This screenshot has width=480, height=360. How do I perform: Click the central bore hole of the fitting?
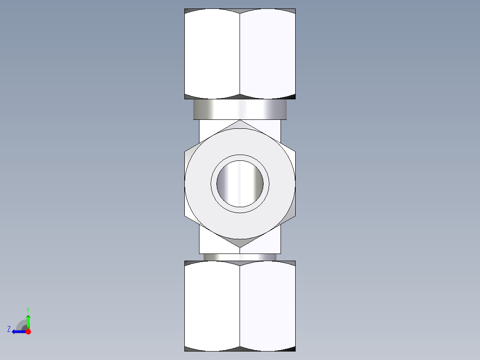pos(240,184)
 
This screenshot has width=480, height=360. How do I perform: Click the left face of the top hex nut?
pos(212,53)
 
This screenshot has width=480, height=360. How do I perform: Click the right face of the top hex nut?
pos(268,53)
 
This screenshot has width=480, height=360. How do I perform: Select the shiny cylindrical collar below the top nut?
pos(240,110)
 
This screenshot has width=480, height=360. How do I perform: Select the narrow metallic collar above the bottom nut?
pos(240,257)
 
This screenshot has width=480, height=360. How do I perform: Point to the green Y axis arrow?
pos(28,319)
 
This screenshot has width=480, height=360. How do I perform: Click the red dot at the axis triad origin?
pos(28,331)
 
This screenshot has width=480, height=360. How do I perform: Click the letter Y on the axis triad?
pos(28,309)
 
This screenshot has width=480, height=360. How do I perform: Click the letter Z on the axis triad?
pos(9,329)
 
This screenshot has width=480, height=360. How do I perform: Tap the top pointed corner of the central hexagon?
pos(240,121)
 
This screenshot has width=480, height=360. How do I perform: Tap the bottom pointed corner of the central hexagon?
pos(240,246)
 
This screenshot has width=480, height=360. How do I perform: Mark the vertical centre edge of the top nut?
pos(240,53)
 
